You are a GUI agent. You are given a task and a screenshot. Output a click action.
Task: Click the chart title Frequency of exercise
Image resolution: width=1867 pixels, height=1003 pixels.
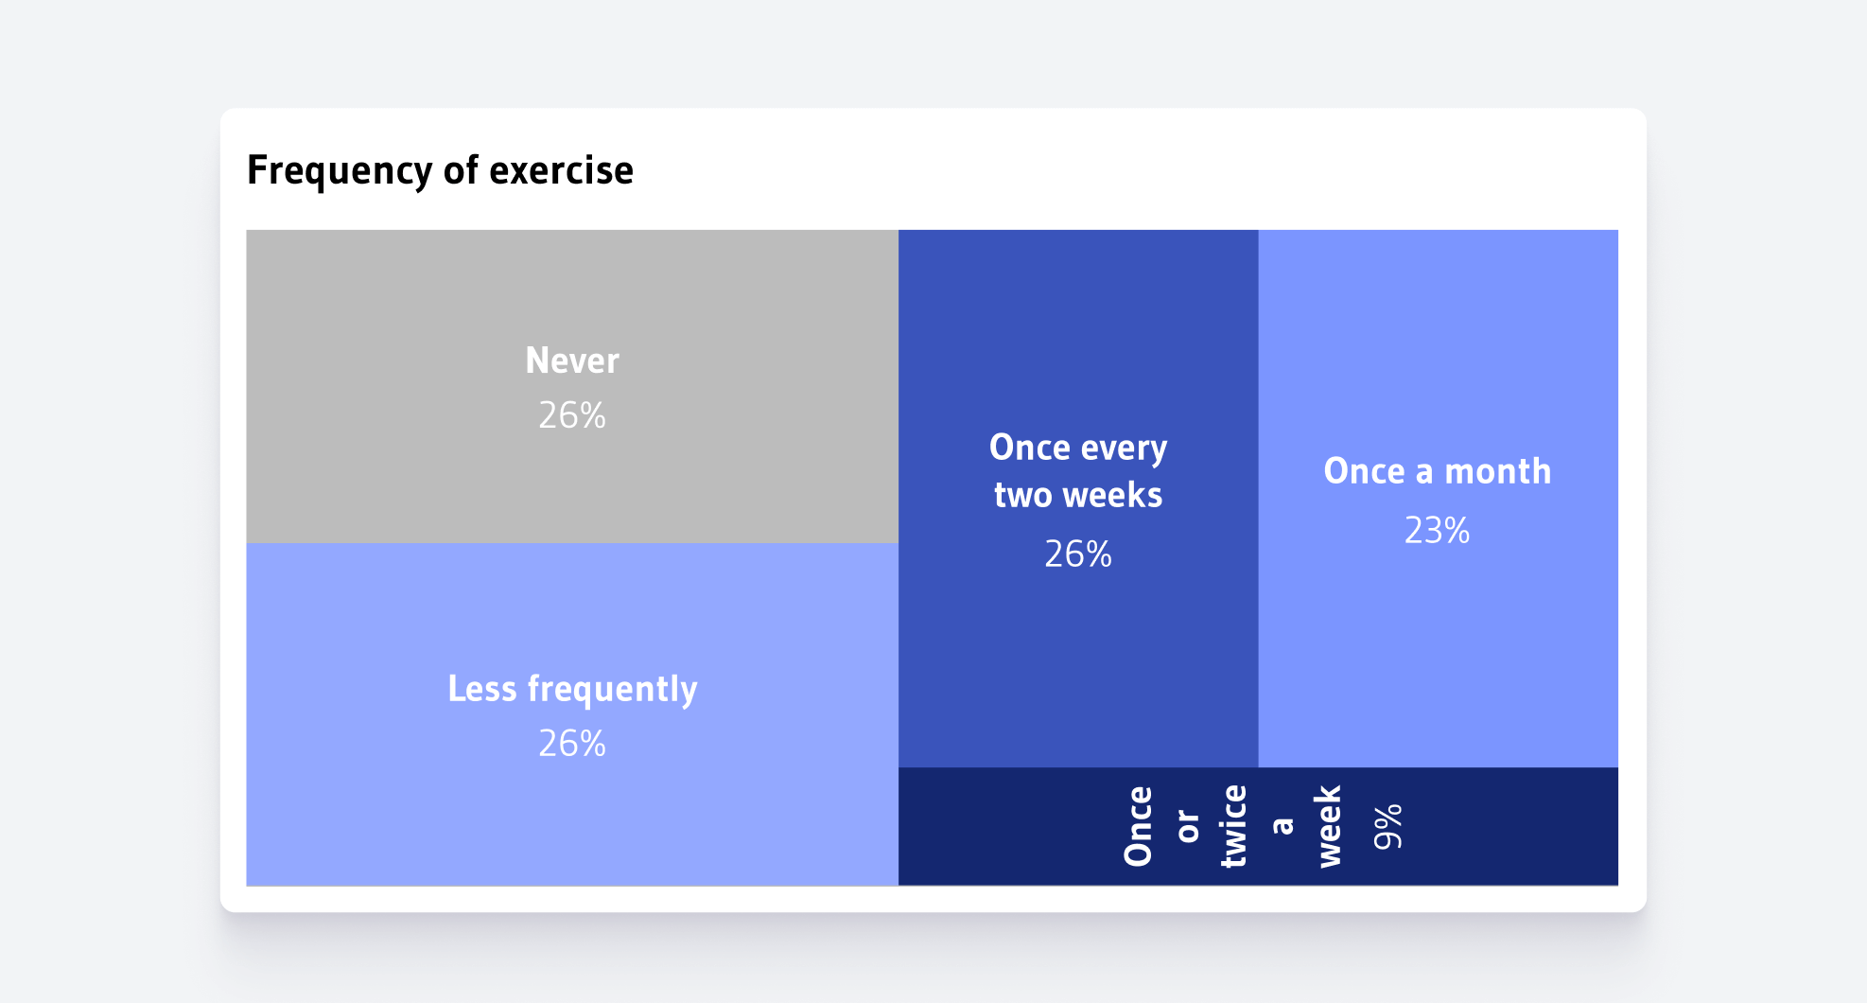click(440, 170)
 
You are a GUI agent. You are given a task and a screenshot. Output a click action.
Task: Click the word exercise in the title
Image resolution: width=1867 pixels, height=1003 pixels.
click(561, 170)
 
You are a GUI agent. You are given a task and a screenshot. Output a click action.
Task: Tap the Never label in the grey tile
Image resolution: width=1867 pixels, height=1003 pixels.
click(572, 361)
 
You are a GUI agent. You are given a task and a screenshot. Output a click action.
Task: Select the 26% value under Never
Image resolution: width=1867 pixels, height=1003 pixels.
click(572, 415)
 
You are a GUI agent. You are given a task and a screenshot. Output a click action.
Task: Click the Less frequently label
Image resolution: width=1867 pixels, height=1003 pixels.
click(572, 689)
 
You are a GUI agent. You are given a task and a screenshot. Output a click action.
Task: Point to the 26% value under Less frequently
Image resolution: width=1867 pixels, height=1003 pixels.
click(572, 744)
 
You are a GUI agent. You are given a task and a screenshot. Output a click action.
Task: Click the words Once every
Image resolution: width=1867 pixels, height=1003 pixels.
click(1078, 448)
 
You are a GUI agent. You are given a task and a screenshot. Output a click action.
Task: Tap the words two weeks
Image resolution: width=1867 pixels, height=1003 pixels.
click(1078, 495)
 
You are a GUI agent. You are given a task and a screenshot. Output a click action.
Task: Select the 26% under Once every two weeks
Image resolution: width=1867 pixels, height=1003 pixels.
click(1078, 554)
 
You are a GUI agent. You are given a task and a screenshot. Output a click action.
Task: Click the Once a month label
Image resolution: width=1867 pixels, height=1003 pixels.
click(1438, 471)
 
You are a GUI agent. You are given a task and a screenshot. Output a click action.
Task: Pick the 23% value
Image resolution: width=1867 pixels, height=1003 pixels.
click(1438, 531)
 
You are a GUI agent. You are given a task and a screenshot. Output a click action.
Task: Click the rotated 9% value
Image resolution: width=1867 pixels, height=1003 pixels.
click(1387, 827)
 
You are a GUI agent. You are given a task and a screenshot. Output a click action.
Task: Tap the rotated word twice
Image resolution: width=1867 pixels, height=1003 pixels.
click(1233, 826)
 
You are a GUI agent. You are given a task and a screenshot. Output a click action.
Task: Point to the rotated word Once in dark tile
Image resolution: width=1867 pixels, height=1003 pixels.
click(1138, 826)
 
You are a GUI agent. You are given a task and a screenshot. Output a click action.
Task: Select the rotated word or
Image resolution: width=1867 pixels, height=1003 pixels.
click(1187, 826)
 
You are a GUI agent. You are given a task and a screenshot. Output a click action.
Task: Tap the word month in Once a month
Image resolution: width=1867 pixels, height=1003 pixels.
click(1498, 471)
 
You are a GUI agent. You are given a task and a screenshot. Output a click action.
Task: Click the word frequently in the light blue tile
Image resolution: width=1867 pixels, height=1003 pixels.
click(612, 690)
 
